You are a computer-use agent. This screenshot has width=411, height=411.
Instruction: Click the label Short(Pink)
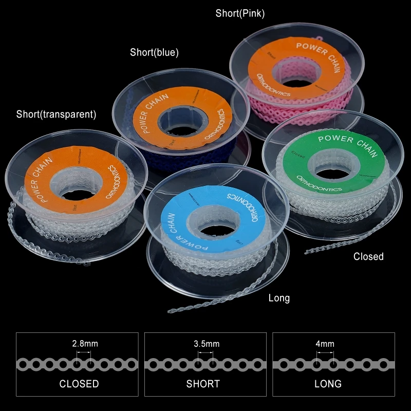pyautogui.click(x=240, y=14)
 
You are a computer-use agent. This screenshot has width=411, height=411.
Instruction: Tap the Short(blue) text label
pyautogui.click(x=154, y=52)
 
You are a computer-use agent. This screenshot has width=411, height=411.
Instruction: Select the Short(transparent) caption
pyautogui.click(x=56, y=114)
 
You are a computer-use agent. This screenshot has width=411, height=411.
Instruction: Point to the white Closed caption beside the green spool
pyautogui.click(x=368, y=256)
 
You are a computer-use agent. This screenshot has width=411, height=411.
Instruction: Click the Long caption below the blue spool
pyautogui.click(x=279, y=298)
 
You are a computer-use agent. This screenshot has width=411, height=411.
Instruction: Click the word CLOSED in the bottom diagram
pyautogui.click(x=79, y=384)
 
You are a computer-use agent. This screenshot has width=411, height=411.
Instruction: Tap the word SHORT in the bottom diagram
pyautogui.click(x=203, y=384)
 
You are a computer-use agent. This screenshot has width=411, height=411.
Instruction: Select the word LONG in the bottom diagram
pyautogui.click(x=328, y=384)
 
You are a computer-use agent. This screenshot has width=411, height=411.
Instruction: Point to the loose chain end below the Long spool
pyautogui.click(x=175, y=309)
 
